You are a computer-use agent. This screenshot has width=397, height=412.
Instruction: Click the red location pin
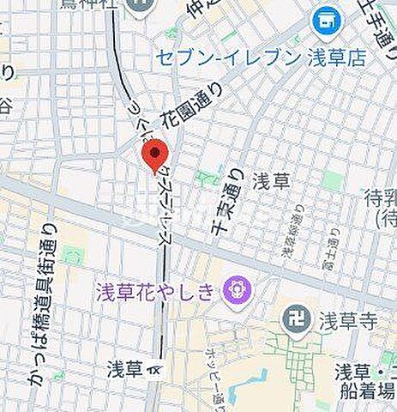[154, 156]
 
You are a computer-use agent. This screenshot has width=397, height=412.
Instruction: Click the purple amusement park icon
[233, 292]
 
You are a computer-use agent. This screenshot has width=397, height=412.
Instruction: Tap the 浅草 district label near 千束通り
[277, 182]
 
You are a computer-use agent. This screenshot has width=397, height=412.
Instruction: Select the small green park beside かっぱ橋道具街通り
[72, 255]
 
